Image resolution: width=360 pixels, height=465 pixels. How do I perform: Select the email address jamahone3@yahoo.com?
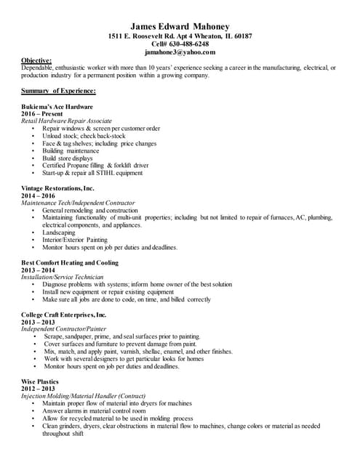tap(180, 52)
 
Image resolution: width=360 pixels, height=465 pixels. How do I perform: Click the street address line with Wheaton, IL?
tap(180, 36)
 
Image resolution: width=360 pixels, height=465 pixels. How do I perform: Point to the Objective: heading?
tap(36, 60)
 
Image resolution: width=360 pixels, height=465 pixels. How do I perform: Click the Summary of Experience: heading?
tap(59, 91)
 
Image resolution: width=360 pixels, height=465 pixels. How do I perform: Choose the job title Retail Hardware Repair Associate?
tap(66, 121)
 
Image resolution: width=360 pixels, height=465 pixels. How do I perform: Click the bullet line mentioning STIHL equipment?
tap(92, 173)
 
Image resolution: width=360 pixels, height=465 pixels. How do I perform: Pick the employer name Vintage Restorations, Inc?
tap(58, 188)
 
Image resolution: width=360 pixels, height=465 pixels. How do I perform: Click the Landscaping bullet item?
tap(63, 232)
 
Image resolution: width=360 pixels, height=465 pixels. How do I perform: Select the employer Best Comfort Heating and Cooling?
tap(70, 262)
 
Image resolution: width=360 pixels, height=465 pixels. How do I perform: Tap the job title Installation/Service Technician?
tap(63, 277)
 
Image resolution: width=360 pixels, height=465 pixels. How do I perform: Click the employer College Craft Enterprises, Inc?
tap(64, 315)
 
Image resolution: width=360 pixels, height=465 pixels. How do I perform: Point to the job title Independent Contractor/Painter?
tap(64, 329)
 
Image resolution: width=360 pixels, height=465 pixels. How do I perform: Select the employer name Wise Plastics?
tap(40, 382)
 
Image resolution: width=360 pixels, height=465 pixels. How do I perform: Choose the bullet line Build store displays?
tap(68, 158)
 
